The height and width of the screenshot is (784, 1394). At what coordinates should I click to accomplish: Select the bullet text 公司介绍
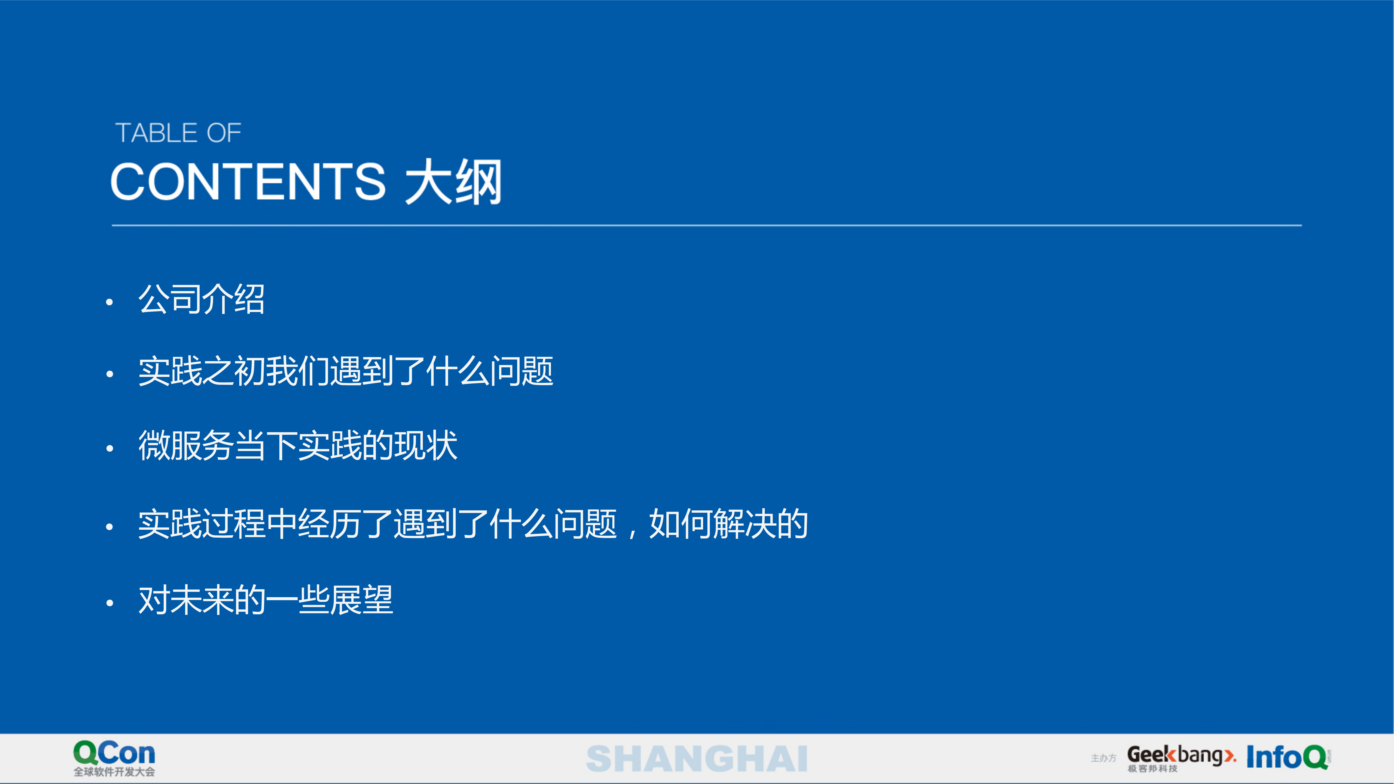[x=201, y=299]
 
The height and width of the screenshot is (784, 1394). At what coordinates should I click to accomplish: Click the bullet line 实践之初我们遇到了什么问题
[x=345, y=372]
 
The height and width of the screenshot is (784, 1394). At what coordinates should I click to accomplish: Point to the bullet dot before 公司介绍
[x=109, y=303]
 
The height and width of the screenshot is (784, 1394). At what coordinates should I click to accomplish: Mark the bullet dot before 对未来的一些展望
[x=109, y=603]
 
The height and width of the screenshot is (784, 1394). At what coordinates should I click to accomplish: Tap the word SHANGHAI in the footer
[x=697, y=759]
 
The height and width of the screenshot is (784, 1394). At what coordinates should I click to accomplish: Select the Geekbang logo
[x=1181, y=755]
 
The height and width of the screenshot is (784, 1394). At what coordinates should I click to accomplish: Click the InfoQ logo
[x=1287, y=756]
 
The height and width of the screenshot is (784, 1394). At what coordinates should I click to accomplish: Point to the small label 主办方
[x=1103, y=758]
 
